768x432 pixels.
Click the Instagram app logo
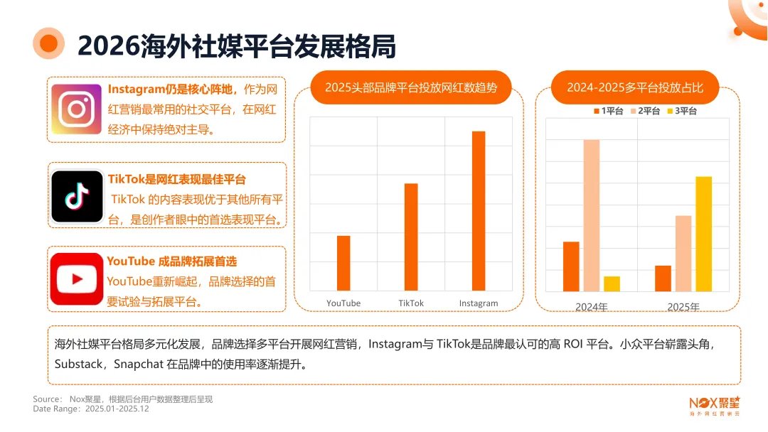point(77,109)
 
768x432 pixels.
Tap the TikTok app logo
point(78,196)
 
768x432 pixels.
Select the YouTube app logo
point(77,279)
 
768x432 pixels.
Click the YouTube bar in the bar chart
point(343,262)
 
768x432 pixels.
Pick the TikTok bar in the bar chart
point(411,237)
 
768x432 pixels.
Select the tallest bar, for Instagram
point(479,210)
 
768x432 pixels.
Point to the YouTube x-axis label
point(343,303)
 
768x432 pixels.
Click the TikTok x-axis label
point(411,303)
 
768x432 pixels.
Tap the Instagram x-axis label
point(479,303)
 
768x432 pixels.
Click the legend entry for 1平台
point(608,111)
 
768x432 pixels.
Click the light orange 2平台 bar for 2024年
point(592,215)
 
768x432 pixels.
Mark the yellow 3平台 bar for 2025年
point(703,234)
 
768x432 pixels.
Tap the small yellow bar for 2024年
point(612,283)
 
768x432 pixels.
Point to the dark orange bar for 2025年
point(663,278)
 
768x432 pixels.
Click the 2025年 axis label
point(683,307)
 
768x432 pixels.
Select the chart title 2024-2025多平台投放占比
point(635,87)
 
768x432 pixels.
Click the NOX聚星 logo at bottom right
point(714,404)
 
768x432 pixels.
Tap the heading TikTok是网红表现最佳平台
point(176,179)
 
